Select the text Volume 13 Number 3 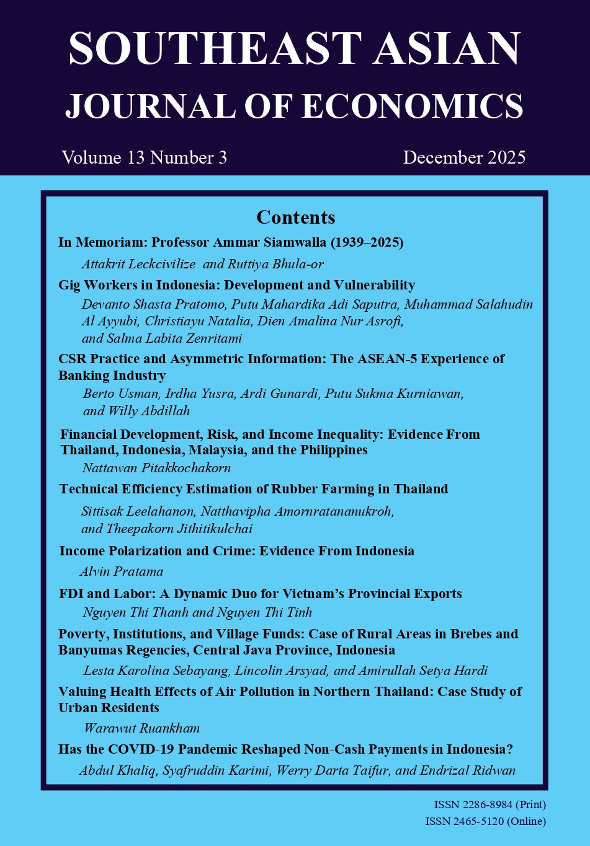(x=144, y=157)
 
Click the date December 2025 (x=464, y=157)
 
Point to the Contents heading (x=295, y=217)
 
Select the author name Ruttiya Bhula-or (x=275, y=264)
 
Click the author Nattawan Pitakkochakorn (x=156, y=467)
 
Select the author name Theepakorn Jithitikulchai (x=180, y=529)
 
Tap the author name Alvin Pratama (x=122, y=571)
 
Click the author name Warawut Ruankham (x=142, y=728)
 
